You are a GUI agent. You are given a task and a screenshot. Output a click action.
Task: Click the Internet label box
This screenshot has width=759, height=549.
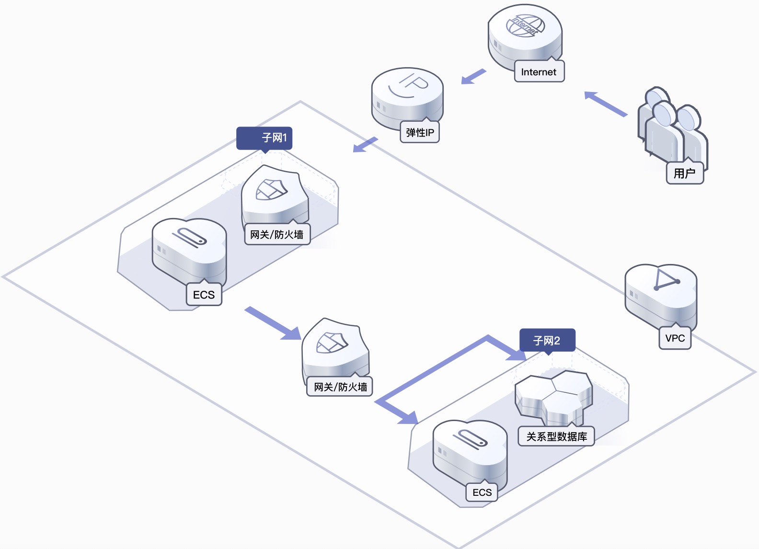(539, 71)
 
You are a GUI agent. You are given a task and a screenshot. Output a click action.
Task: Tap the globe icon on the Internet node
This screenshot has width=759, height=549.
(525, 25)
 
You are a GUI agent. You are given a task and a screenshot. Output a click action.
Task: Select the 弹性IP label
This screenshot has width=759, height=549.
(420, 132)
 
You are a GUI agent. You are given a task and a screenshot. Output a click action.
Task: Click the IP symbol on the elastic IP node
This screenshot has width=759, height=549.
(409, 85)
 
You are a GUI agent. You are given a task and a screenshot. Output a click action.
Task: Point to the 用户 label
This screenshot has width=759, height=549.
(685, 173)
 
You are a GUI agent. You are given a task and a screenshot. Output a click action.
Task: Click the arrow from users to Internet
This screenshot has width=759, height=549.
(606, 103)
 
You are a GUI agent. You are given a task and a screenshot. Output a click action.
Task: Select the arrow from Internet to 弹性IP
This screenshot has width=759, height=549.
(474, 77)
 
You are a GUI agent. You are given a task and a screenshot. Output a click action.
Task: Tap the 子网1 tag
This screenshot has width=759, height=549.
(264, 138)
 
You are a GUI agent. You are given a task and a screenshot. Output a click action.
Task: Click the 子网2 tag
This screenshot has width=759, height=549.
(547, 340)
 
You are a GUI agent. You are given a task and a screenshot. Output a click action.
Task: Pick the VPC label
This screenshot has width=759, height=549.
(675, 338)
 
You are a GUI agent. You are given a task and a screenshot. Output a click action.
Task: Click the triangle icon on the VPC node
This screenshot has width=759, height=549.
(667, 280)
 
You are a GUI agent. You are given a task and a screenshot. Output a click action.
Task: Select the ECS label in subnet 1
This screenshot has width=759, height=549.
(204, 295)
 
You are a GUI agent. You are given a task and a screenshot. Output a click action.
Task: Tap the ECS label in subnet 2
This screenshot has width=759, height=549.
(482, 492)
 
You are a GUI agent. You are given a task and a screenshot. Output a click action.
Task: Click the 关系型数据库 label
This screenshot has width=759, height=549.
(556, 436)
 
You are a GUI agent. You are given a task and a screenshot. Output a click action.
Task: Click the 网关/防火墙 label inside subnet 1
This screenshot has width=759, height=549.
(277, 234)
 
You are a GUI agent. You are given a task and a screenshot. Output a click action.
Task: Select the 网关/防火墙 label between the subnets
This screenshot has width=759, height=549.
(340, 387)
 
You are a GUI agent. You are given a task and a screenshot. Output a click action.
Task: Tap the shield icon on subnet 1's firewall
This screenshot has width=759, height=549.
(271, 190)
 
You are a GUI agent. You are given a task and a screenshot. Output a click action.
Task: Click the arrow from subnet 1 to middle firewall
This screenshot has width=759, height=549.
(273, 323)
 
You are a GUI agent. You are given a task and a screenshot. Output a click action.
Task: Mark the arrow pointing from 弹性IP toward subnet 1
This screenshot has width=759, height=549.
(365, 145)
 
